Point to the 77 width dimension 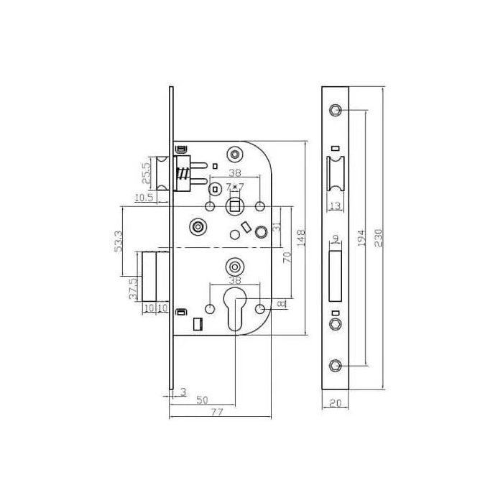click(x=217, y=412)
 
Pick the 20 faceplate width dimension click(x=335, y=404)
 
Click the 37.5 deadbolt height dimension click(x=133, y=288)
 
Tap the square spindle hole click(x=234, y=208)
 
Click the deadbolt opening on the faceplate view click(x=335, y=275)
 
